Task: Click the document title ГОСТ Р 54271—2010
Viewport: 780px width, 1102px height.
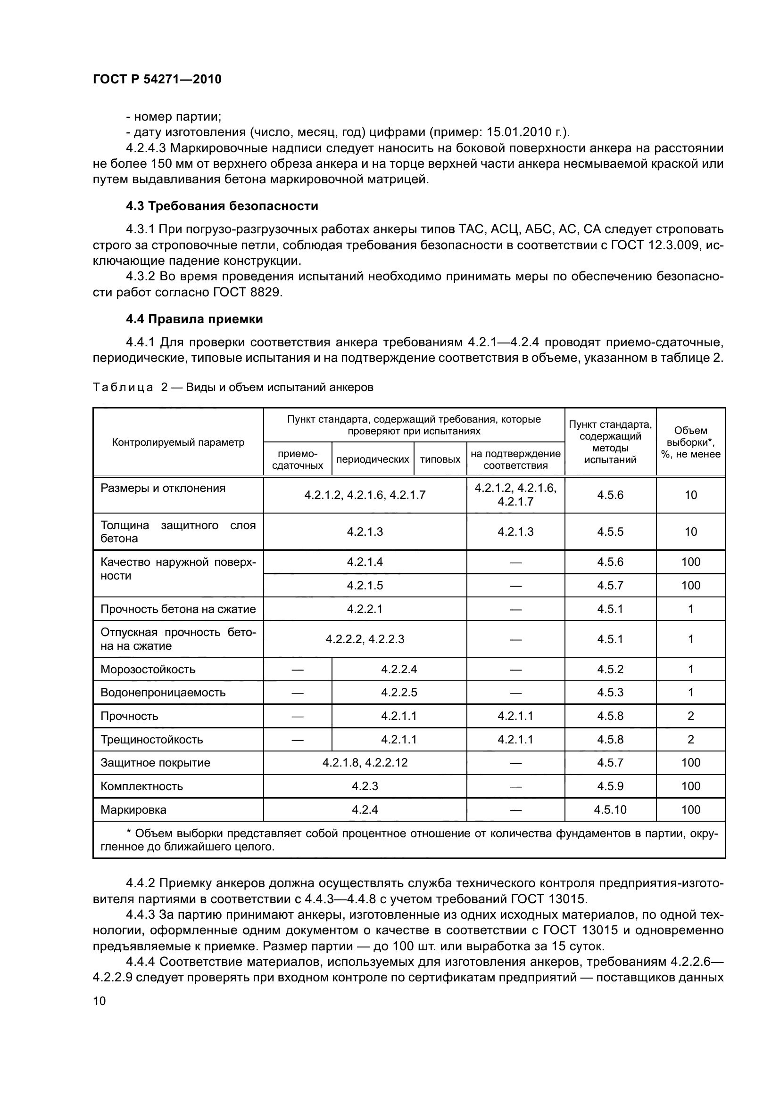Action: pos(157,80)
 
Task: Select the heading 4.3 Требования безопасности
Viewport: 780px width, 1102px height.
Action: pos(222,206)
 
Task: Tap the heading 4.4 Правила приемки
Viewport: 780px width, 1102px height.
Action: pos(194,319)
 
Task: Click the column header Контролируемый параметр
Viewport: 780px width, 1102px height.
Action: pos(178,442)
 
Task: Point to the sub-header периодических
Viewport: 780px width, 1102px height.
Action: pos(373,459)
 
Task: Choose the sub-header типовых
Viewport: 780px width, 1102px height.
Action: pos(440,459)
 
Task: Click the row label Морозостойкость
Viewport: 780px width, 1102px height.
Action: pos(148,669)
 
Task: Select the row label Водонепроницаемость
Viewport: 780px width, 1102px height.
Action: pos(163,693)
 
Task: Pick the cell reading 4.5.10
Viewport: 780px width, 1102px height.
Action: pos(610,810)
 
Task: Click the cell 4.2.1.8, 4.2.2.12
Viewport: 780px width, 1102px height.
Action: pos(365,763)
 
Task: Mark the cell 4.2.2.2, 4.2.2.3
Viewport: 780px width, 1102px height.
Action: pos(365,639)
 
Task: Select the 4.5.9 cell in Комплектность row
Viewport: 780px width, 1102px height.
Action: pos(610,786)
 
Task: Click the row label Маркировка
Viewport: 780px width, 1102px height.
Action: pos(133,810)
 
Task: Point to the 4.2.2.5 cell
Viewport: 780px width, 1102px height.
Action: pos(398,693)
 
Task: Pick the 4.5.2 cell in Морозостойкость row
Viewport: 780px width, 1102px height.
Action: pos(610,669)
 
